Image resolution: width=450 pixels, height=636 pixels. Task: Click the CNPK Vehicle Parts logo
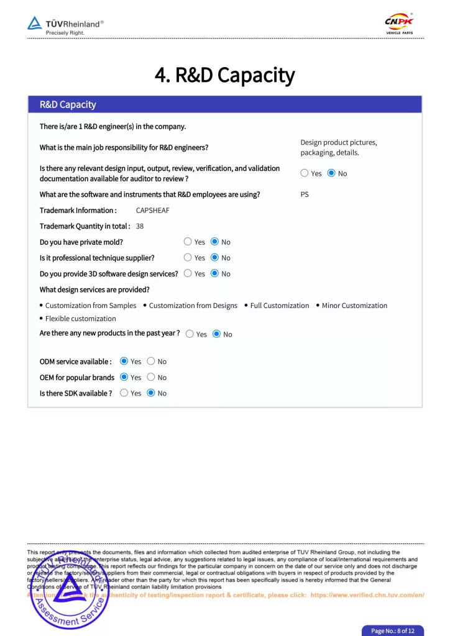point(399,24)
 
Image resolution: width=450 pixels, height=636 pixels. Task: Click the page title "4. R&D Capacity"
point(224,75)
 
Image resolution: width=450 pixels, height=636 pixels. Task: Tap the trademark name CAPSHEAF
point(152,210)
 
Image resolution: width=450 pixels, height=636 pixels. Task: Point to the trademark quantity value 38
point(140,226)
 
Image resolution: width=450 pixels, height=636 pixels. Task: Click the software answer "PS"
point(305,194)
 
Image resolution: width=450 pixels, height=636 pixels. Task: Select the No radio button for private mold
point(214,242)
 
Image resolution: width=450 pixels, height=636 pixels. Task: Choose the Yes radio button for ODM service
point(124,361)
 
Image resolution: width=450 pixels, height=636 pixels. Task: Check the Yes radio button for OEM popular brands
point(124,377)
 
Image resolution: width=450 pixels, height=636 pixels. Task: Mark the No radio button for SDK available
point(150,393)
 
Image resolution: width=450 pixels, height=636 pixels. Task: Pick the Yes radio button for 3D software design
point(188,273)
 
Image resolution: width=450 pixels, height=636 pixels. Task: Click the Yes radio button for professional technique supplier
point(188,257)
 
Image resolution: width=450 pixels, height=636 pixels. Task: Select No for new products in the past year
point(216,334)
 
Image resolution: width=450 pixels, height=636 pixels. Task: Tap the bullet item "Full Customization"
point(279,306)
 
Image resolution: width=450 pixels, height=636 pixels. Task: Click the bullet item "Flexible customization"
point(80,319)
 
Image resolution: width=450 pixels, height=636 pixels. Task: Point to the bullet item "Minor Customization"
point(354,306)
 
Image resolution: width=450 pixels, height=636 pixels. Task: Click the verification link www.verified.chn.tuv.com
point(367,594)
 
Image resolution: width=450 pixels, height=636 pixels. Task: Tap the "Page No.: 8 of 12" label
point(393,630)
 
